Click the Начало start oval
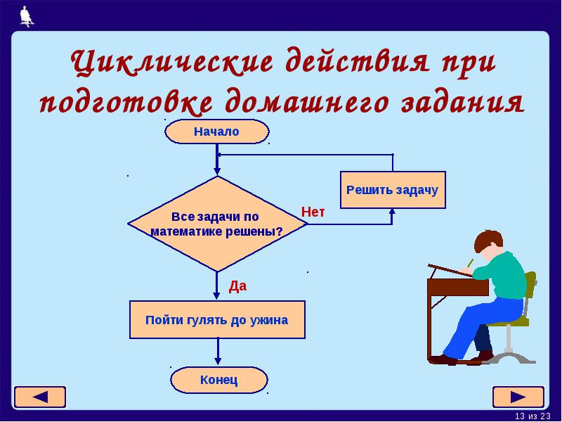tap(217, 132)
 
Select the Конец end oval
tap(219, 380)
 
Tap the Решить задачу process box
tap(393, 190)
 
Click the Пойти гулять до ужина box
tap(217, 320)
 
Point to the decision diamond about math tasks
tap(217, 224)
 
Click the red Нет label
tap(313, 212)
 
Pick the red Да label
tap(237, 286)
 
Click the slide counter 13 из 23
tap(532, 416)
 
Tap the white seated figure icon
tap(27, 16)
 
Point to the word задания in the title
tap(463, 101)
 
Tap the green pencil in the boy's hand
tap(470, 262)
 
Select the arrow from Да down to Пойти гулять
tap(216, 286)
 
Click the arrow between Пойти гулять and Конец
tap(218, 352)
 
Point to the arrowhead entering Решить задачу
tap(392, 212)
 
